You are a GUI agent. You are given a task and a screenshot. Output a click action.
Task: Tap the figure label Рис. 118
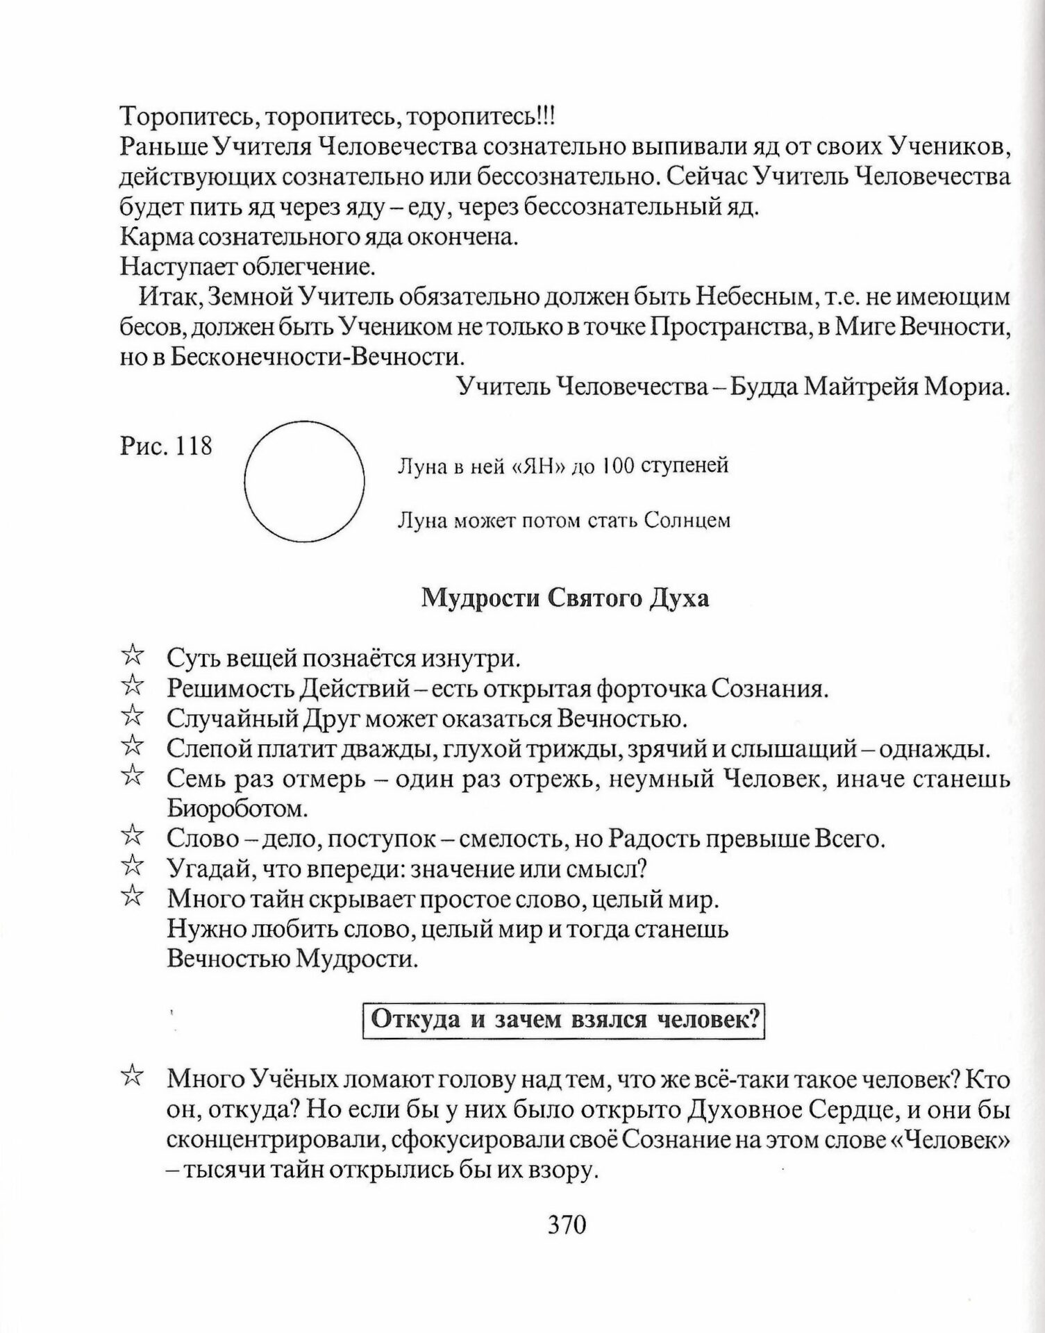point(166,445)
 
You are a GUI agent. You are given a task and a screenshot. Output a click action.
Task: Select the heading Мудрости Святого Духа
point(565,598)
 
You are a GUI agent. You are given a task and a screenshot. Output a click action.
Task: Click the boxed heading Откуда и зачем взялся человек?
point(564,1019)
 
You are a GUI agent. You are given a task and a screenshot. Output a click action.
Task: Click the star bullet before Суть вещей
point(132,655)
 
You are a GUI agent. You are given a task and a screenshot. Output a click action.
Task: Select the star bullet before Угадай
point(132,866)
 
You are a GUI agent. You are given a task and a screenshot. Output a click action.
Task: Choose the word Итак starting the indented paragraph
point(170,297)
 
